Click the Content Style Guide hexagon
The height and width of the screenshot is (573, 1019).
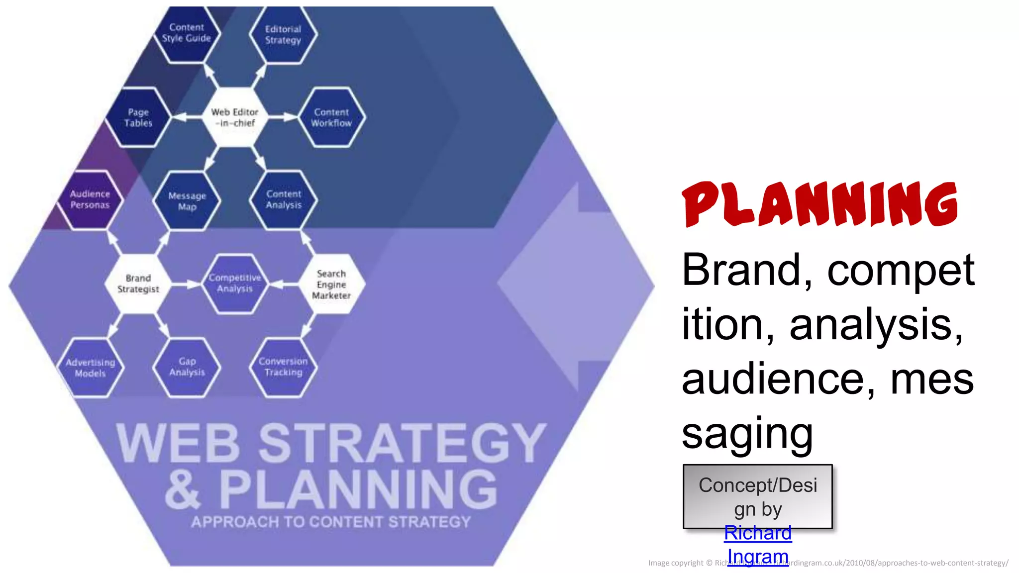click(187, 33)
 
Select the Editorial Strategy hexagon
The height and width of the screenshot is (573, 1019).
click(283, 35)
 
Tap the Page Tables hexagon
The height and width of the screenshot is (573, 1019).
click(138, 118)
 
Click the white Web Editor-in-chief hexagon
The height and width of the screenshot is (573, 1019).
click(235, 118)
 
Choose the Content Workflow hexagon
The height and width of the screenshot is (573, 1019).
click(331, 118)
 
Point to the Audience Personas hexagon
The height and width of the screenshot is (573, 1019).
click(90, 199)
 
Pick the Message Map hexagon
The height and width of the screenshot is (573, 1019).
click(187, 201)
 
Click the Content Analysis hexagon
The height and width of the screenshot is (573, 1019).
click(284, 199)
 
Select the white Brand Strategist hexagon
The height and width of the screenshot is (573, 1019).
click(138, 284)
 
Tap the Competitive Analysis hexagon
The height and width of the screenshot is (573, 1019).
click(235, 284)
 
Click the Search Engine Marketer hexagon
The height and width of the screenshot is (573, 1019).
click(331, 285)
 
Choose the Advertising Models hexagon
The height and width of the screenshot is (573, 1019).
click(90, 368)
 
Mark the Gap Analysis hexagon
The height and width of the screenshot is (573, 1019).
click(187, 367)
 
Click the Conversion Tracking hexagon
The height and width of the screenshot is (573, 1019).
click(284, 367)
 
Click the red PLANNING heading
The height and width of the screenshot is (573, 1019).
click(820, 204)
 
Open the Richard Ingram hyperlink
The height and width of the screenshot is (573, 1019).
click(758, 545)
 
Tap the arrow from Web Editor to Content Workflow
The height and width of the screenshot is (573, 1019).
click(283, 117)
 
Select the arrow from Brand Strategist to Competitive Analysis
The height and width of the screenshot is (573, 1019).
click(187, 285)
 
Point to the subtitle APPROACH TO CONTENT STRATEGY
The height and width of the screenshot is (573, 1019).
click(331, 522)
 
